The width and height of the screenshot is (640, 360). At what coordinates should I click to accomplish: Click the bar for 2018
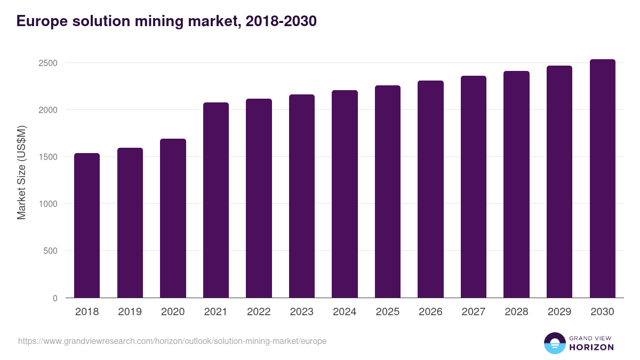pyautogui.click(x=87, y=225)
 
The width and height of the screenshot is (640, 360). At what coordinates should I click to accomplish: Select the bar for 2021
pyautogui.click(x=216, y=200)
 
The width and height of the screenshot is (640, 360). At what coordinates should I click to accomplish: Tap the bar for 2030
pyautogui.click(x=603, y=179)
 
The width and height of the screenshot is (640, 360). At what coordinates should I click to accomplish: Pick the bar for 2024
pyautogui.click(x=345, y=194)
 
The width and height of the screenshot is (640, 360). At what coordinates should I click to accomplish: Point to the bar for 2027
pyautogui.click(x=474, y=187)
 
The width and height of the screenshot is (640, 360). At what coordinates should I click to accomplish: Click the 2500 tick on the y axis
pyautogui.click(x=47, y=63)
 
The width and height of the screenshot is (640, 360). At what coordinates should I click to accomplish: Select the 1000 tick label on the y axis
pyautogui.click(x=47, y=204)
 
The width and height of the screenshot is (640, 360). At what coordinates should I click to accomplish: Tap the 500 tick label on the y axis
pyautogui.click(x=50, y=251)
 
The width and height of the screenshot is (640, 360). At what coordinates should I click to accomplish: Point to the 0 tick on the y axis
pyautogui.click(x=55, y=298)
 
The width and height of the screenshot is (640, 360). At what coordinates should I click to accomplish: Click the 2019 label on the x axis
pyautogui.click(x=130, y=312)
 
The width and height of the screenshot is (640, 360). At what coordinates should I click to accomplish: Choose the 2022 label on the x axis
pyautogui.click(x=259, y=312)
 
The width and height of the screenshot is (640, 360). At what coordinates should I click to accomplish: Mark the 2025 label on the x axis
pyautogui.click(x=388, y=312)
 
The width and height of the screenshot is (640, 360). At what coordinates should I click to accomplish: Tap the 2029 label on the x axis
pyautogui.click(x=559, y=312)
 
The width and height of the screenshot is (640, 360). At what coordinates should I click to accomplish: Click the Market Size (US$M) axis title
pyautogui.click(x=21, y=172)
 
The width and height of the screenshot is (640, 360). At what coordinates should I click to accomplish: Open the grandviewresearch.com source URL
pyautogui.click(x=172, y=341)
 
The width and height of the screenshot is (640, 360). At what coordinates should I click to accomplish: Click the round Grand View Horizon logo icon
pyautogui.click(x=555, y=343)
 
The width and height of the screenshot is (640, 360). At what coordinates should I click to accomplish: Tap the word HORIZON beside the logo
pyautogui.click(x=591, y=347)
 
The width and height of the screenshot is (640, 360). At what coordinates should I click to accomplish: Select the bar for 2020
pyautogui.click(x=173, y=218)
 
